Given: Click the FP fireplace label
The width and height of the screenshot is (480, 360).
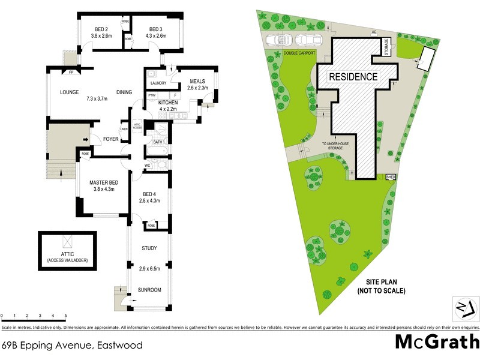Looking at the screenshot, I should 71,73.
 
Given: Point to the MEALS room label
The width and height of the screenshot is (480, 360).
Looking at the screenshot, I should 198,82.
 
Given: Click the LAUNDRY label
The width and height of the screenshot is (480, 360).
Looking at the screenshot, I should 158,83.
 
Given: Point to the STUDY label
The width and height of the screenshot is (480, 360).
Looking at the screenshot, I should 149,248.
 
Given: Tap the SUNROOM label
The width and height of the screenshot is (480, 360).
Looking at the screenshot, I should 150,289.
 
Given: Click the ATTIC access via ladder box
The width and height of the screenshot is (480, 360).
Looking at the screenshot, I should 67,251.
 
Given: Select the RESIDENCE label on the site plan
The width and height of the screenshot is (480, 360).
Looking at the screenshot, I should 352,76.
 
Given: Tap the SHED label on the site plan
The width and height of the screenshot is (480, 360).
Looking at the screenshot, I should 391,177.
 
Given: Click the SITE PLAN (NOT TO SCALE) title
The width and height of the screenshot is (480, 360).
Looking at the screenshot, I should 381,287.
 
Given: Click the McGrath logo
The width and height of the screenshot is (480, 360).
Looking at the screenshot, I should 436,341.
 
